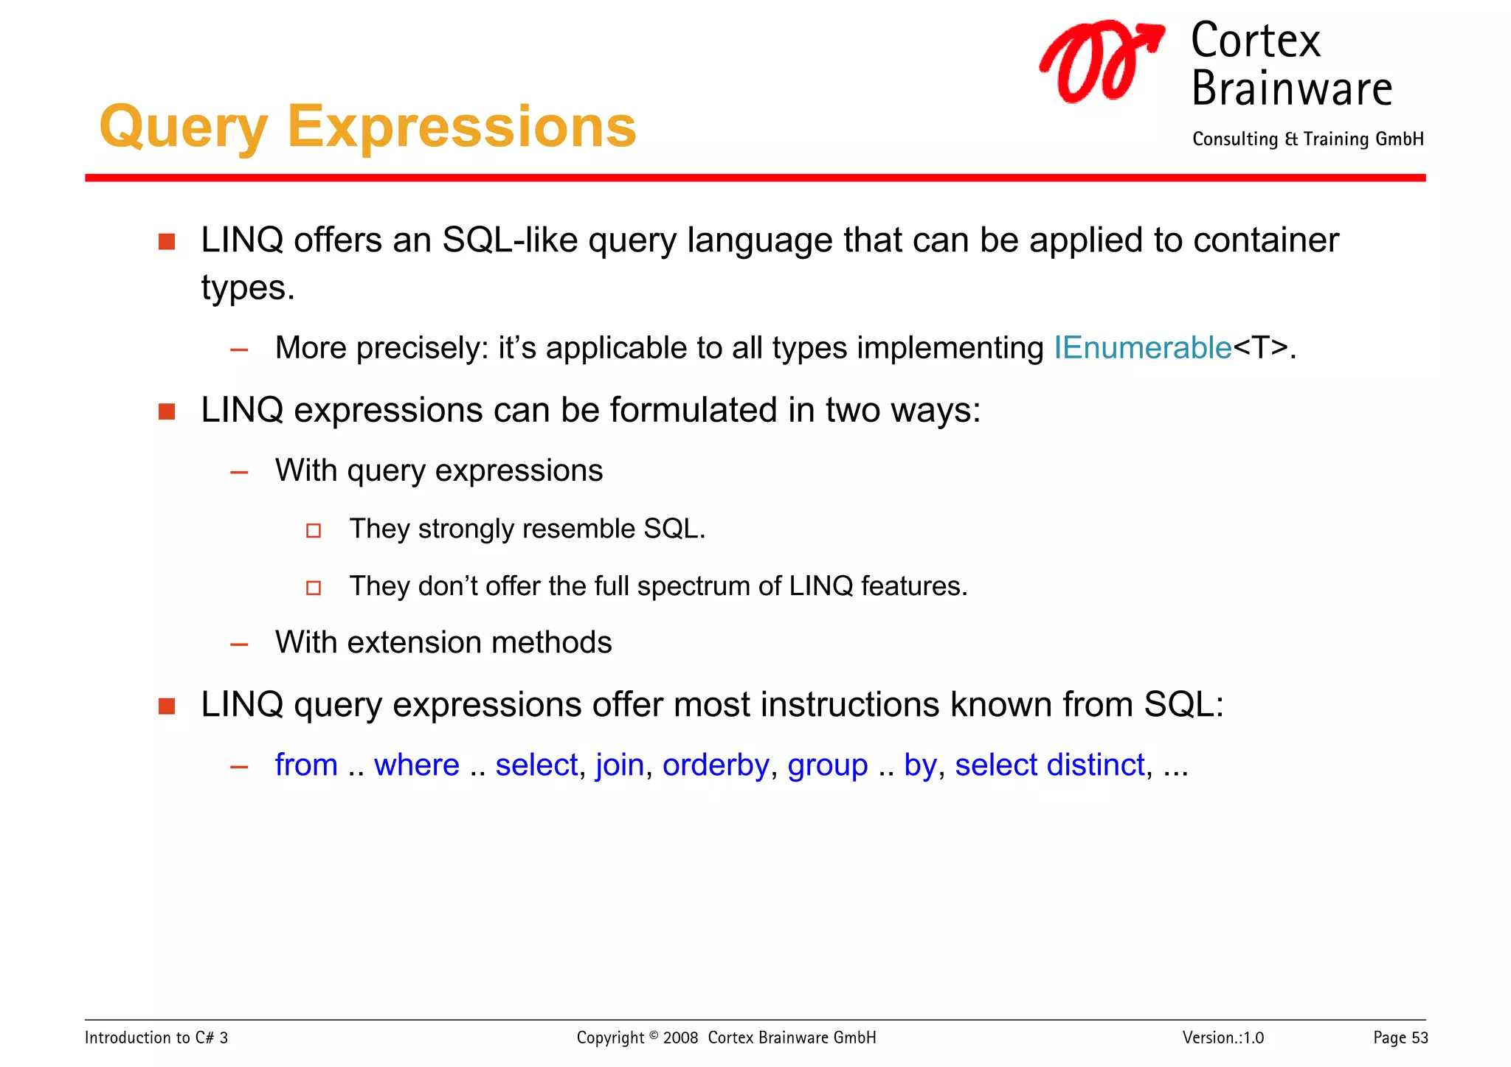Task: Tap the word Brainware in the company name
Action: tap(1291, 89)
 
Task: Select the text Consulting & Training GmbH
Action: tap(1307, 139)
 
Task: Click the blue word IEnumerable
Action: tap(1142, 347)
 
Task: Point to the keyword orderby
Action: tap(715, 765)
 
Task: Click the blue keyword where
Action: tap(416, 765)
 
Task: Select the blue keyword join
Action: tap(620, 765)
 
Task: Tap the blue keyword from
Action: tap(305, 765)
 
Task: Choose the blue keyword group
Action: tap(827, 765)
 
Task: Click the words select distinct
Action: tap(1049, 765)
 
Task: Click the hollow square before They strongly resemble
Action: tap(314, 530)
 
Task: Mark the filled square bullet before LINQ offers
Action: tap(167, 242)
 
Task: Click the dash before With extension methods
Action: tap(239, 644)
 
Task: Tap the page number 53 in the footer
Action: tap(1420, 1038)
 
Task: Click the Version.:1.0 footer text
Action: tap(1223, 1038)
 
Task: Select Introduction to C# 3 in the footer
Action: tap(156, 1038)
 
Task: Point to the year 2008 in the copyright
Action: tap(680, 1038)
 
